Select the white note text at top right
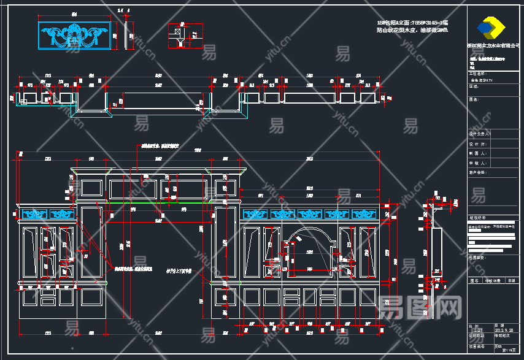[412, 26]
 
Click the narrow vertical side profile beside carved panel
[129, 36]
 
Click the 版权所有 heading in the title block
[477, 217]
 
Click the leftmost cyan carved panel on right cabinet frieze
[256, 214]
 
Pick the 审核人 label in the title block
[477, 163]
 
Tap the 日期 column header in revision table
[511, 280]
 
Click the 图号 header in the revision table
[474, 280]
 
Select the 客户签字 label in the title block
[478, 173]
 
